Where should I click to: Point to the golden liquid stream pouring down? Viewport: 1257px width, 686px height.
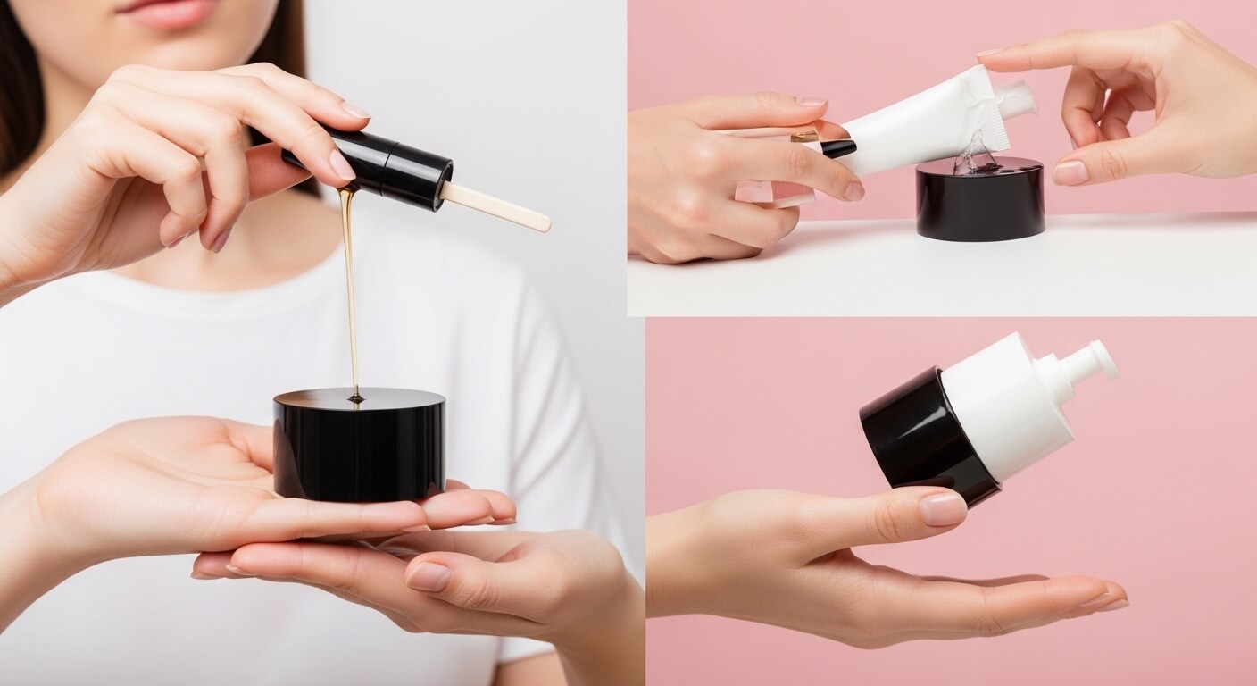(351, 286)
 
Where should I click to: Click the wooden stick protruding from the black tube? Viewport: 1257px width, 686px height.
(495, 207)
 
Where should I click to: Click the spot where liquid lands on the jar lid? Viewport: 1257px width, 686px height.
(356, 397)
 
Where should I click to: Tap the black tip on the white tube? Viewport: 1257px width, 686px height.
(837, 147)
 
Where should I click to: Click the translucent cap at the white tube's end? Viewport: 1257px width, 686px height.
(1018, 99)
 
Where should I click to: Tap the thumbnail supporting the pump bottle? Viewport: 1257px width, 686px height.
(943, 509)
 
